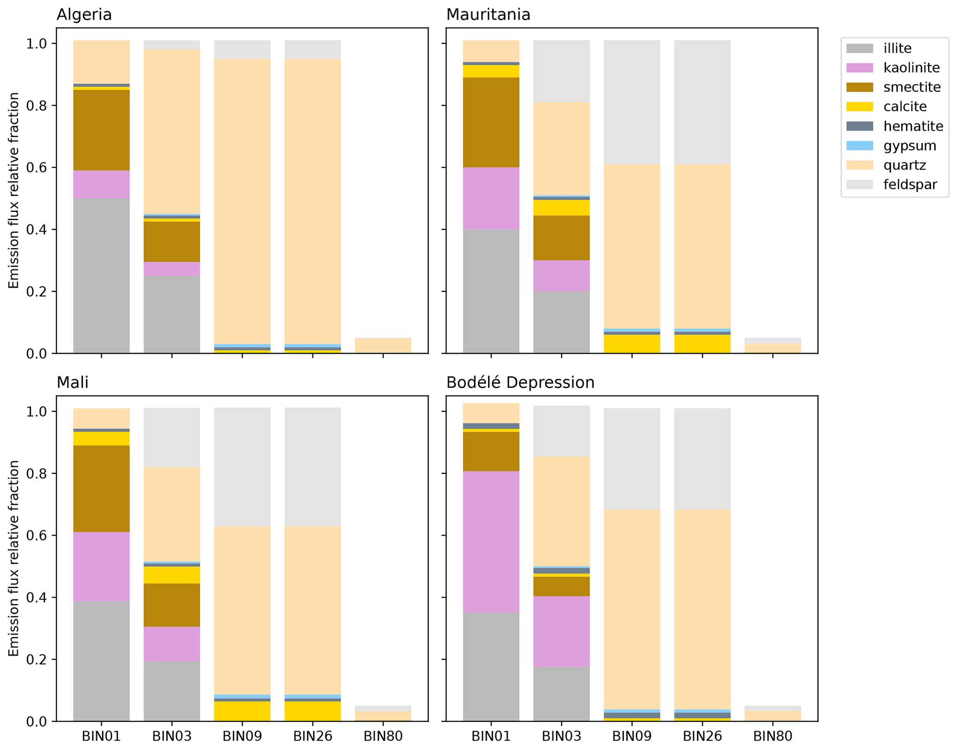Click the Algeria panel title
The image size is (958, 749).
pos(84,15)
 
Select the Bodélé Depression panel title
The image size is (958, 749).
pos(520,383)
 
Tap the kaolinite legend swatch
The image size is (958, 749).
pos(859,68)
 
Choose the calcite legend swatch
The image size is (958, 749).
pos(859,107)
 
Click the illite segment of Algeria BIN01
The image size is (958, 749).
pos(102,276)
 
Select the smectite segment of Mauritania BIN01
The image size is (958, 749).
pos(491,122)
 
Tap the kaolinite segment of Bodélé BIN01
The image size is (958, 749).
pos(491,542)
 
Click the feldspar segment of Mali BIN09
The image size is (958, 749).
pos(242,467)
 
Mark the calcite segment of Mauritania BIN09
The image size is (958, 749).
pos(632,344)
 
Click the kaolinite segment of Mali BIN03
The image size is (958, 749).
pos(172,644)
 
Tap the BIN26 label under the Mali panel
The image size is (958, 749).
pos(312,736)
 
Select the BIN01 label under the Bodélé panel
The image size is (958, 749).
pos(491,736)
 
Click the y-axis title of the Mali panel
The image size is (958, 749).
pos(14,558)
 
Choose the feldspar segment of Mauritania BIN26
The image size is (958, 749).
pos(702,102)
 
